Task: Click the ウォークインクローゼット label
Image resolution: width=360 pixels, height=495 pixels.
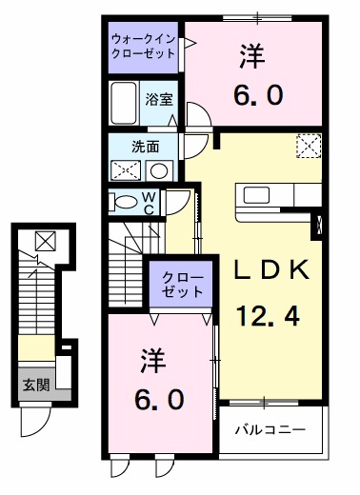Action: [x=143, y=47]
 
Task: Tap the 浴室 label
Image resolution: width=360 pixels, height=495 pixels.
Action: [x=157, y=99]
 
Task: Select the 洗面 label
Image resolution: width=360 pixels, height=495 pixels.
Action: [x=145, y=148]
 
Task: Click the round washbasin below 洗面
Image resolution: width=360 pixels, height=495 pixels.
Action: [x=158, y=171]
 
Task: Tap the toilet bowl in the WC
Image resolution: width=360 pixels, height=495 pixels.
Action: [x=123, y=202]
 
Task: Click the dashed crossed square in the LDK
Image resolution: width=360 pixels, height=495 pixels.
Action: [x=308, y=147]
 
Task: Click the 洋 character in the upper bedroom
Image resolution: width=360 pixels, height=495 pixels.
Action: [x=252, y=56]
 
